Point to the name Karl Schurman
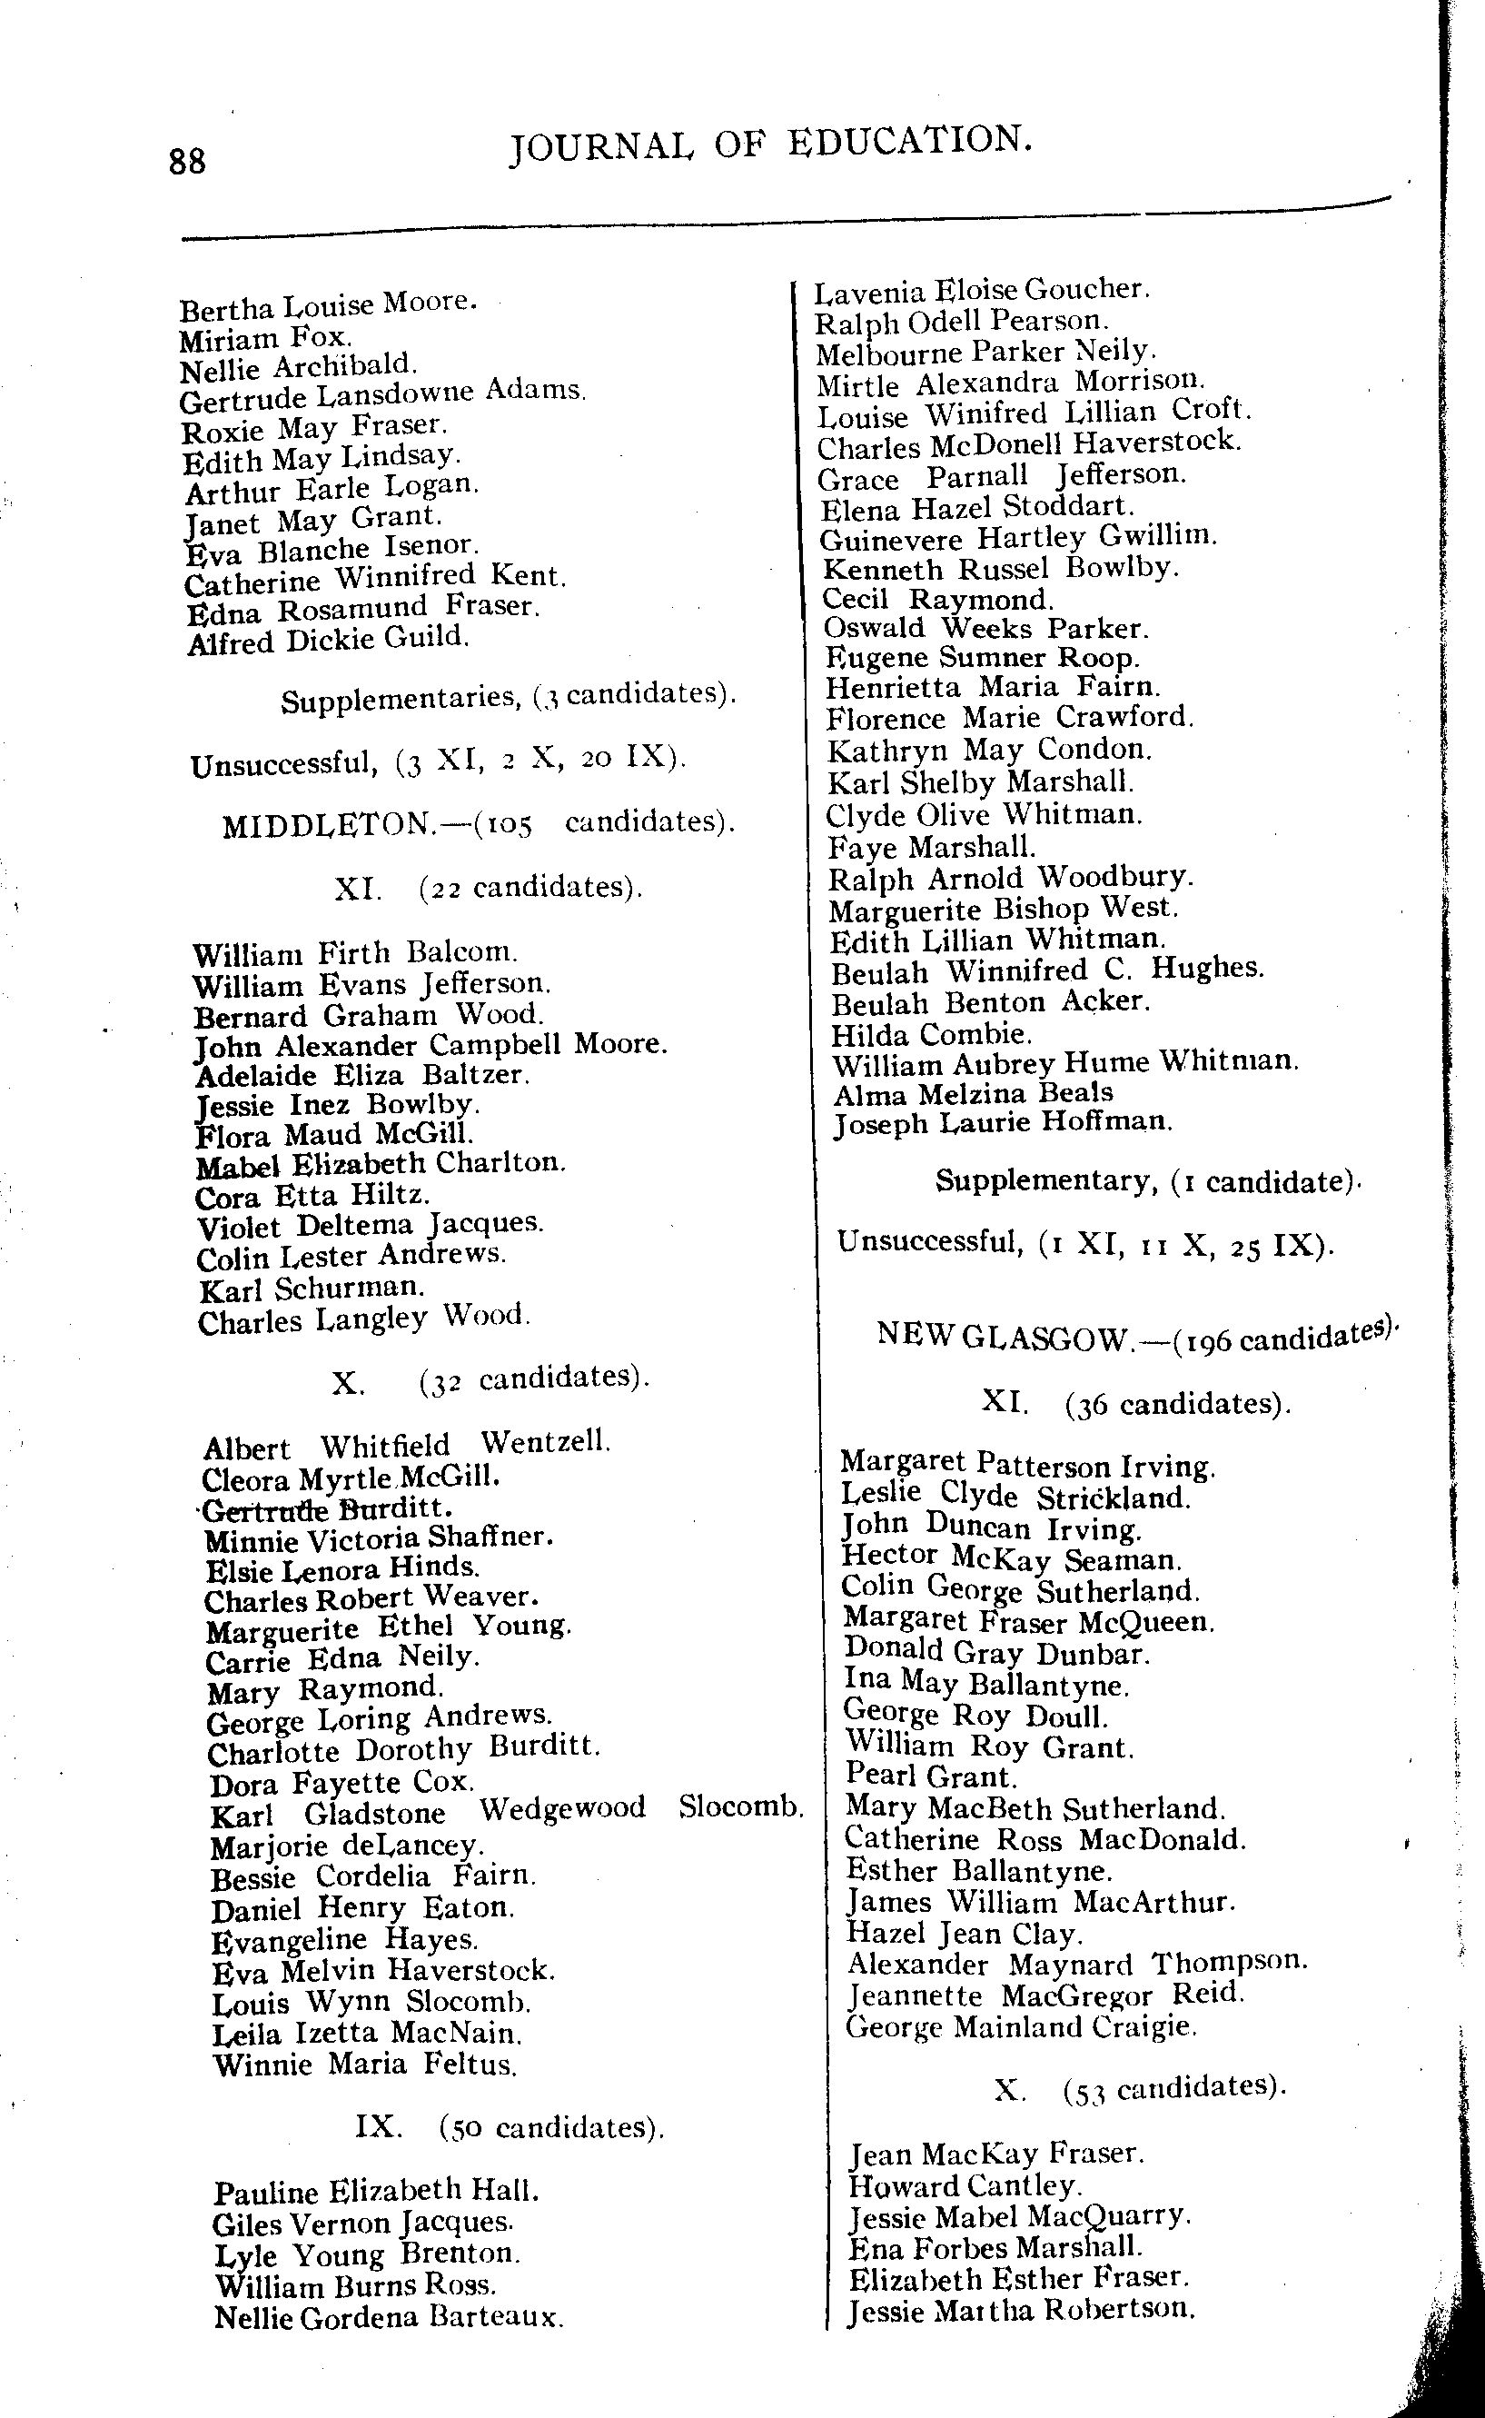(312, 1289)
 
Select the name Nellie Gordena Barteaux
(388, 2318)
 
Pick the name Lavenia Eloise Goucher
(982, 291)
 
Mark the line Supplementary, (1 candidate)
(1147, 1180)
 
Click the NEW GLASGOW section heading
(1135, 1338)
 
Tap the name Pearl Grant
(930, 1776)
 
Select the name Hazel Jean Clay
(964, 1934)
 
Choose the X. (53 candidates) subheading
(1138, 2087)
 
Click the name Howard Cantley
(965, 2185)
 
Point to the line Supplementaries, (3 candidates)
(508, 698)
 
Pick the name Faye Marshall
(931, 846)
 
